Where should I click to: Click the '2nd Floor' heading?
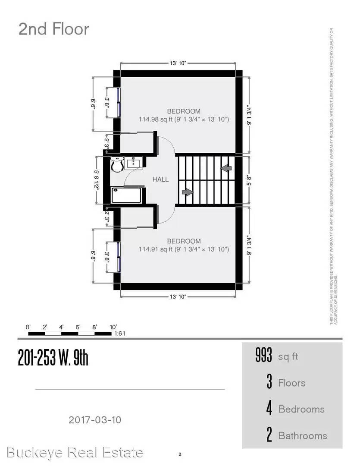pyautogui.click(x=53, y=29)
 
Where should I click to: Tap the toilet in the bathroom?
pyautogui.click(x=117, y=164)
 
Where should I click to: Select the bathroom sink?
pyautogui.click(x=134, y=163)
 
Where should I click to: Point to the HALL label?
pyautogui.click(x=160, y=179)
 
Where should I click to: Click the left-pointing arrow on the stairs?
pyautogui.click(x=225, y=168)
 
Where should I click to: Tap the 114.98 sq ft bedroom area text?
pyautogui.click(x=184, y=119)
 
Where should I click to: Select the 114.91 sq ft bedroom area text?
pyautogui.click(x=184, y=249)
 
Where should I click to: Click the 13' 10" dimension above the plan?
pyautogui.click(x=178, y=63)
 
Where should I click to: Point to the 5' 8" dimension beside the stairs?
pyautogui.click(x=248, y=179)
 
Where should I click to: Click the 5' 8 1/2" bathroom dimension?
pyautogui.click(x=97, y=179)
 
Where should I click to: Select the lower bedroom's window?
pyautogui.click(x=117, y=257)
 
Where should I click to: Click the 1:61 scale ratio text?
pyautogui.click(x=119, y=334)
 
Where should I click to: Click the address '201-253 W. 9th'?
pyautogui.click(x=53, y=358)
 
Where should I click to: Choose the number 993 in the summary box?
pyautogui.click(x=263, y=356)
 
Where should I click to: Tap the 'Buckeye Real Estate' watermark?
pyautogui.click(x=75, y=452)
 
